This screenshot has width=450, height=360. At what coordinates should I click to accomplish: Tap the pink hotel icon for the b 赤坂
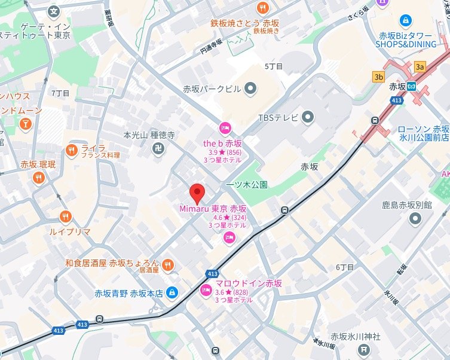pos(225,127)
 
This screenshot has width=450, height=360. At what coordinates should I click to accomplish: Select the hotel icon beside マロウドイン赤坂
pos(205,291)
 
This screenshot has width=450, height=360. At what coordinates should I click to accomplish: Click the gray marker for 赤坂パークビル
pos(250,89)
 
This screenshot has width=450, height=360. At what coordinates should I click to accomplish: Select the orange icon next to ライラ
pos(72,150)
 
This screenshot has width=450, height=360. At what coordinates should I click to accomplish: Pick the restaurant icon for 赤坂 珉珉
pos(38,177)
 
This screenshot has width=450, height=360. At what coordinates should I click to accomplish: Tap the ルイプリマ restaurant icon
pos(66,216)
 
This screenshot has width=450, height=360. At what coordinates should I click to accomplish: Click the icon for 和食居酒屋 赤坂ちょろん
pos(168,263)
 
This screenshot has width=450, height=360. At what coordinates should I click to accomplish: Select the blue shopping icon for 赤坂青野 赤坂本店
pos(172,293)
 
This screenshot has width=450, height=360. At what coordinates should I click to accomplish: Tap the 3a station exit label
pos(420,66)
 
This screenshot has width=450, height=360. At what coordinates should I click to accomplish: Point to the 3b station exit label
pos(378,77)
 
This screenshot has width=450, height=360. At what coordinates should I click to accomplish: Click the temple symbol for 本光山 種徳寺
pos(158,148)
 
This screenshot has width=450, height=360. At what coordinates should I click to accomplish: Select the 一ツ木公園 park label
pos(246,185)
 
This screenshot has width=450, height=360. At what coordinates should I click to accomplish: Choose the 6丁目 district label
pos(345,267)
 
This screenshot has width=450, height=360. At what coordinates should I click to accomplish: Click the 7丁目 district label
pos(60,93)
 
